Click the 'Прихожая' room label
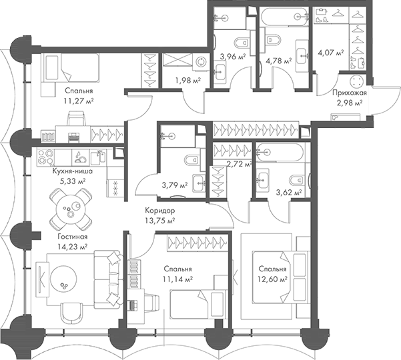pyautogui.click(x=350, y=93)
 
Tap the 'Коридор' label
pyautogui.click(x=160, y=211)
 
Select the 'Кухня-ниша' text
pyautogui.click(x=72, y=171)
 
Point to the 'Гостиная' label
pyautogui.click(x=72, y=237)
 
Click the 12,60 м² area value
pyautogui.click(x=272, y=279)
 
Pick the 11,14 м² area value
pyautogui.click(x=177, y=279)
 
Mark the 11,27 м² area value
pyautogui.click(x=79, y=101)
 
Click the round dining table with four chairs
pyautogui.click(x=71, y=209)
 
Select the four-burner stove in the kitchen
pyautogui.click(x=46, y=157)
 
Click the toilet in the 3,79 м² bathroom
pyautogui.click(x=193, y=161)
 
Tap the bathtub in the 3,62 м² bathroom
pyautogui.click(x=280, y=153)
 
